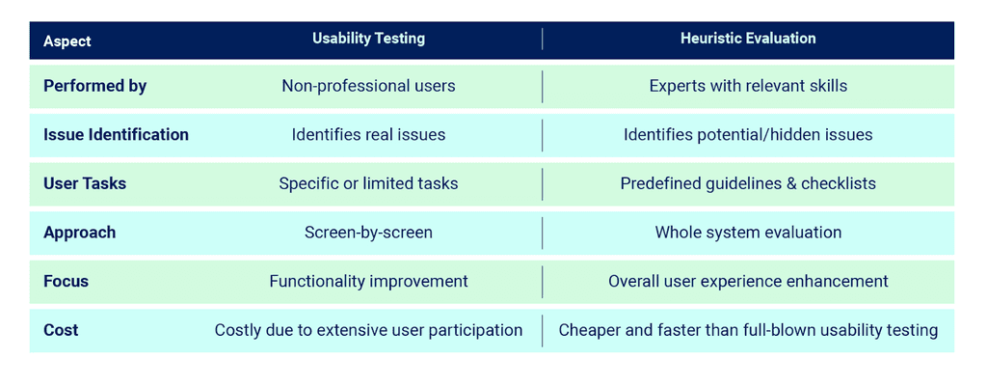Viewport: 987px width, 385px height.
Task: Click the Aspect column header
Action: (67, 41)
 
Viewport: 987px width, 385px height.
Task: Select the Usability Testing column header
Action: (368, 39)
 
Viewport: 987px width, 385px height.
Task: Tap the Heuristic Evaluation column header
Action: (748, 39)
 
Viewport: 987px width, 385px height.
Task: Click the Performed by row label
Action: (94, 86)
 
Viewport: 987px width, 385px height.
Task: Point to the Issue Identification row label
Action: (116, 134)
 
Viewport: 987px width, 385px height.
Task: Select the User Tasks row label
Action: (85, 183)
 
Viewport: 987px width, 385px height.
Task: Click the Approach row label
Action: (79, 233)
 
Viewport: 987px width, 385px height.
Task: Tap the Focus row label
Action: (66, 282)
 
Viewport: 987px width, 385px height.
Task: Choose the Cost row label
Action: (61, 330)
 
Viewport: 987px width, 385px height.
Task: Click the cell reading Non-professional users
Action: (368, 86)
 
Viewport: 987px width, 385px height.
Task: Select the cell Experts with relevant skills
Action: (748, 86)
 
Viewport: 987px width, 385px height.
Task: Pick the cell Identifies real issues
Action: (368, 134)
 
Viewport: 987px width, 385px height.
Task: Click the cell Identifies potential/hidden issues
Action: (748, 134)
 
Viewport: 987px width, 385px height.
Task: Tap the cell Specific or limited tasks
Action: (368, 183)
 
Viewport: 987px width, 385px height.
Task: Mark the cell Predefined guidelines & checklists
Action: (748, 183)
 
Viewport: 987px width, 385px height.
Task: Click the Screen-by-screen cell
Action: (368, 233)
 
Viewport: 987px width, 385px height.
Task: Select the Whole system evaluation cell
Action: (748, 233)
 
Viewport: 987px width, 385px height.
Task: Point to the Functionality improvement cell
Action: (368, 282)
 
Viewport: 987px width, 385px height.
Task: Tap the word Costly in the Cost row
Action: (238, 330)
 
